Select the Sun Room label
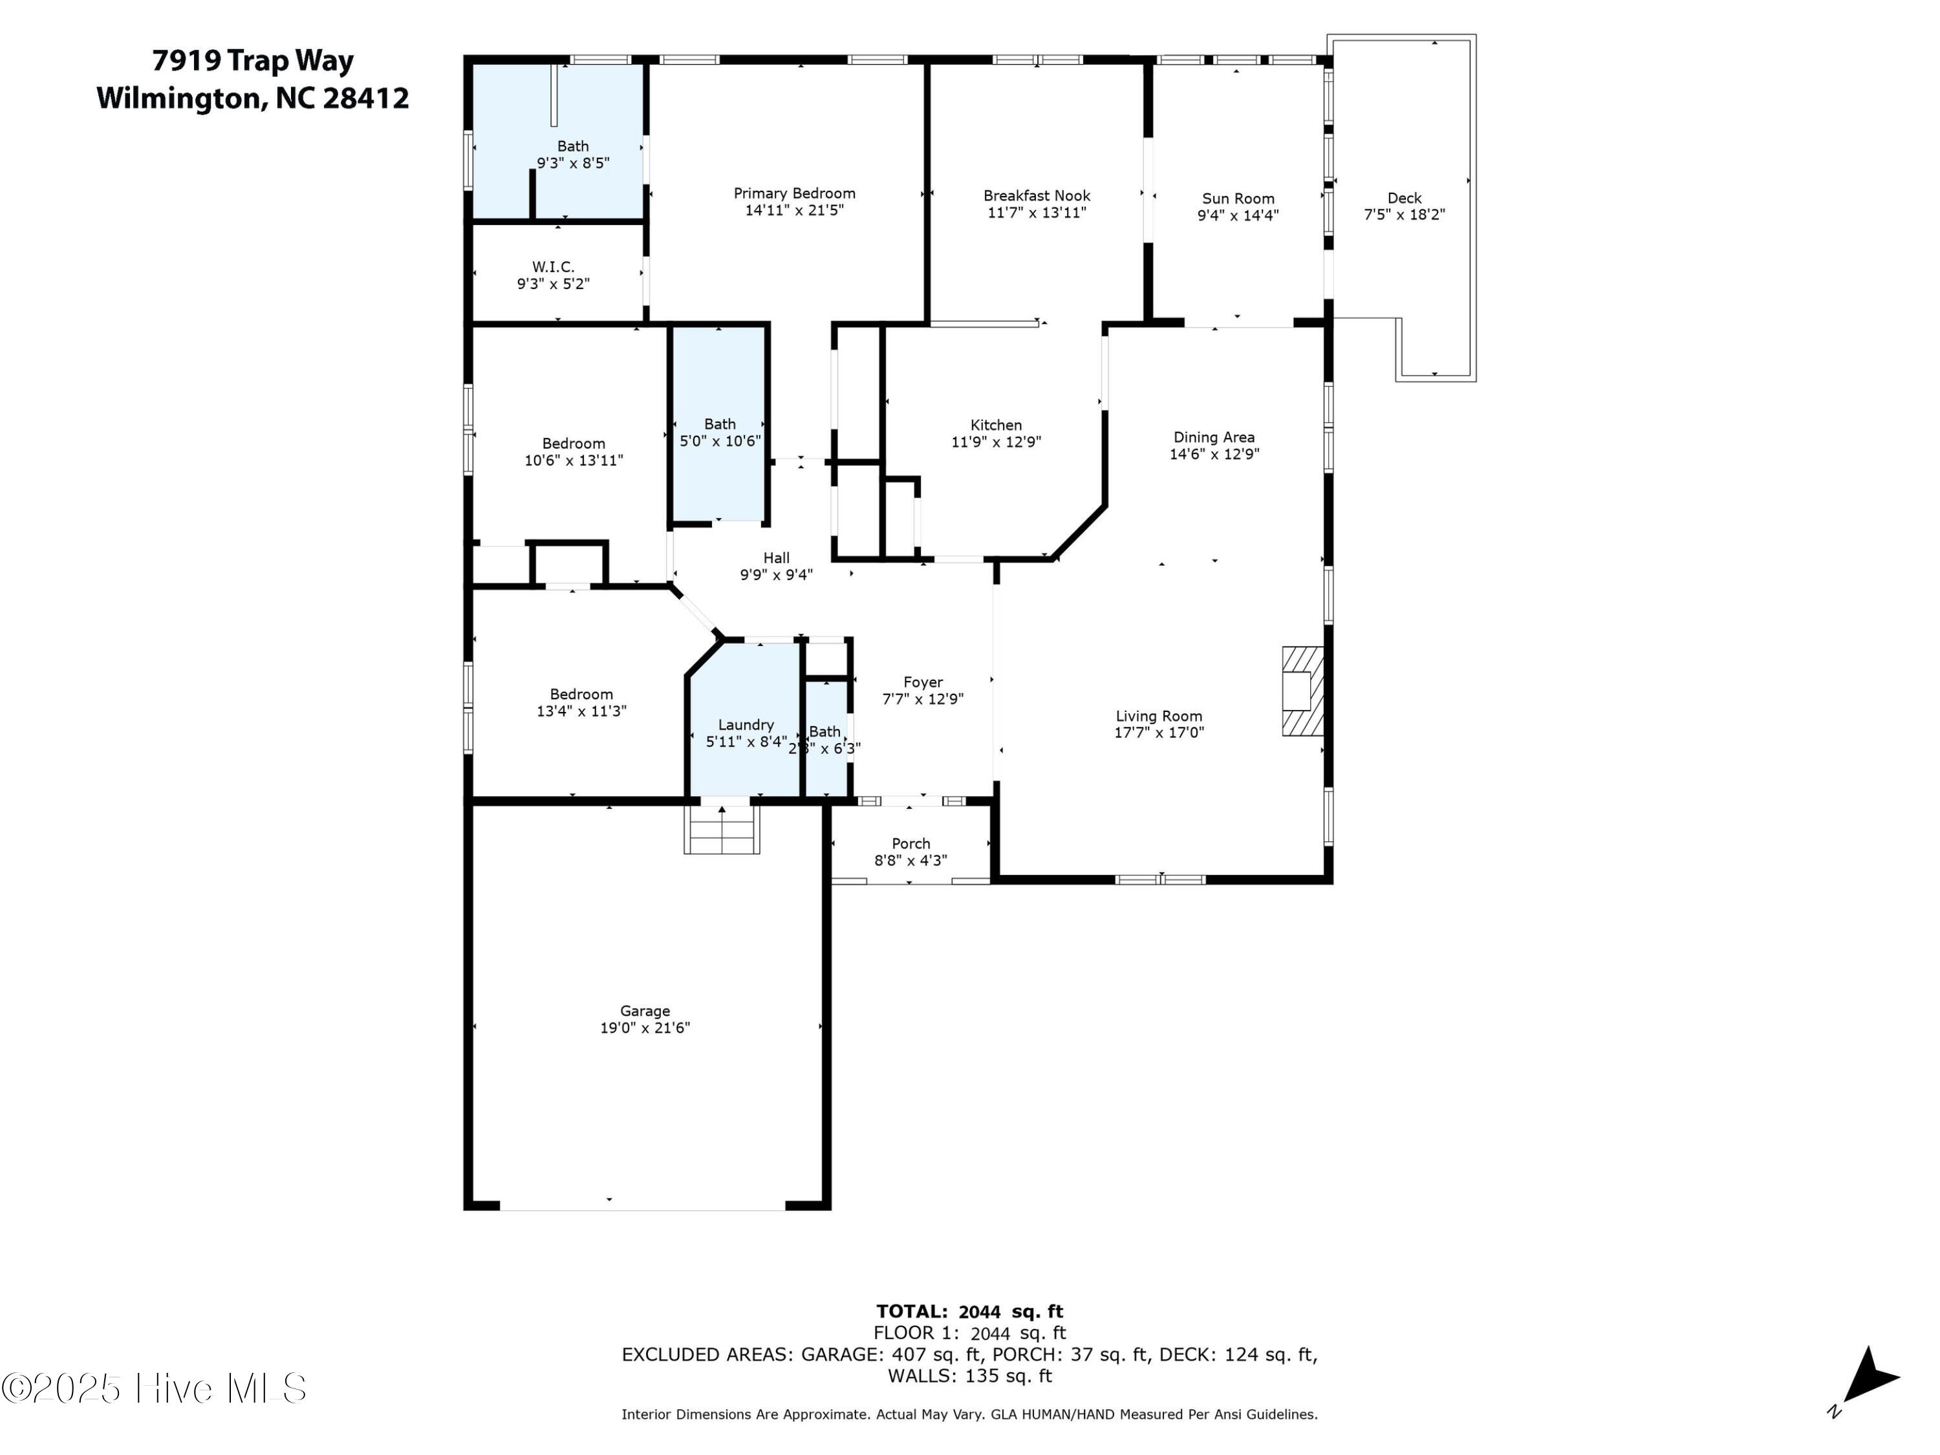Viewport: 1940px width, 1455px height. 1238,199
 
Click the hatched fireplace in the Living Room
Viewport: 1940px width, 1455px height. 1302,691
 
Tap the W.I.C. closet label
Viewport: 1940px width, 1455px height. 554,266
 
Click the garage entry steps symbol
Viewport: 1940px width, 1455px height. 722,829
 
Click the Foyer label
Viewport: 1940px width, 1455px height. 923,682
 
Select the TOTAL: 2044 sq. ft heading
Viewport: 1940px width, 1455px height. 969,1311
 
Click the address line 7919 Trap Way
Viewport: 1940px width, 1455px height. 253,61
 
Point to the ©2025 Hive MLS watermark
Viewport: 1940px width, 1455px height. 155,1388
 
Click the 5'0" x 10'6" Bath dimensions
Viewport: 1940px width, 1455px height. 720,441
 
